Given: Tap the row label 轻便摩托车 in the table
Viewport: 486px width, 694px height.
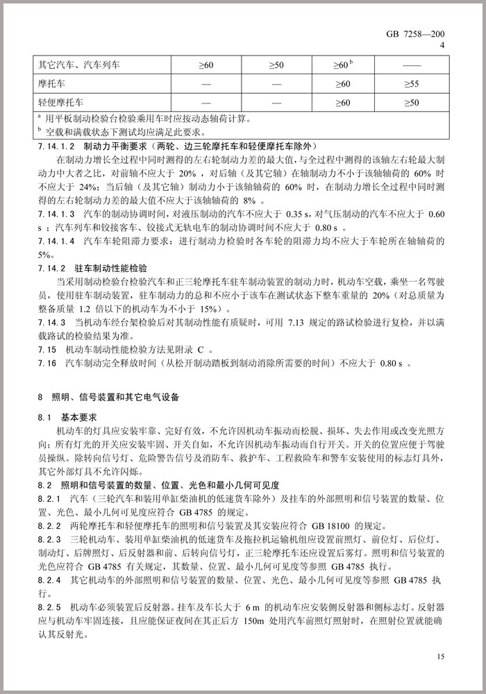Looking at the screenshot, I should [60, 102].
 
